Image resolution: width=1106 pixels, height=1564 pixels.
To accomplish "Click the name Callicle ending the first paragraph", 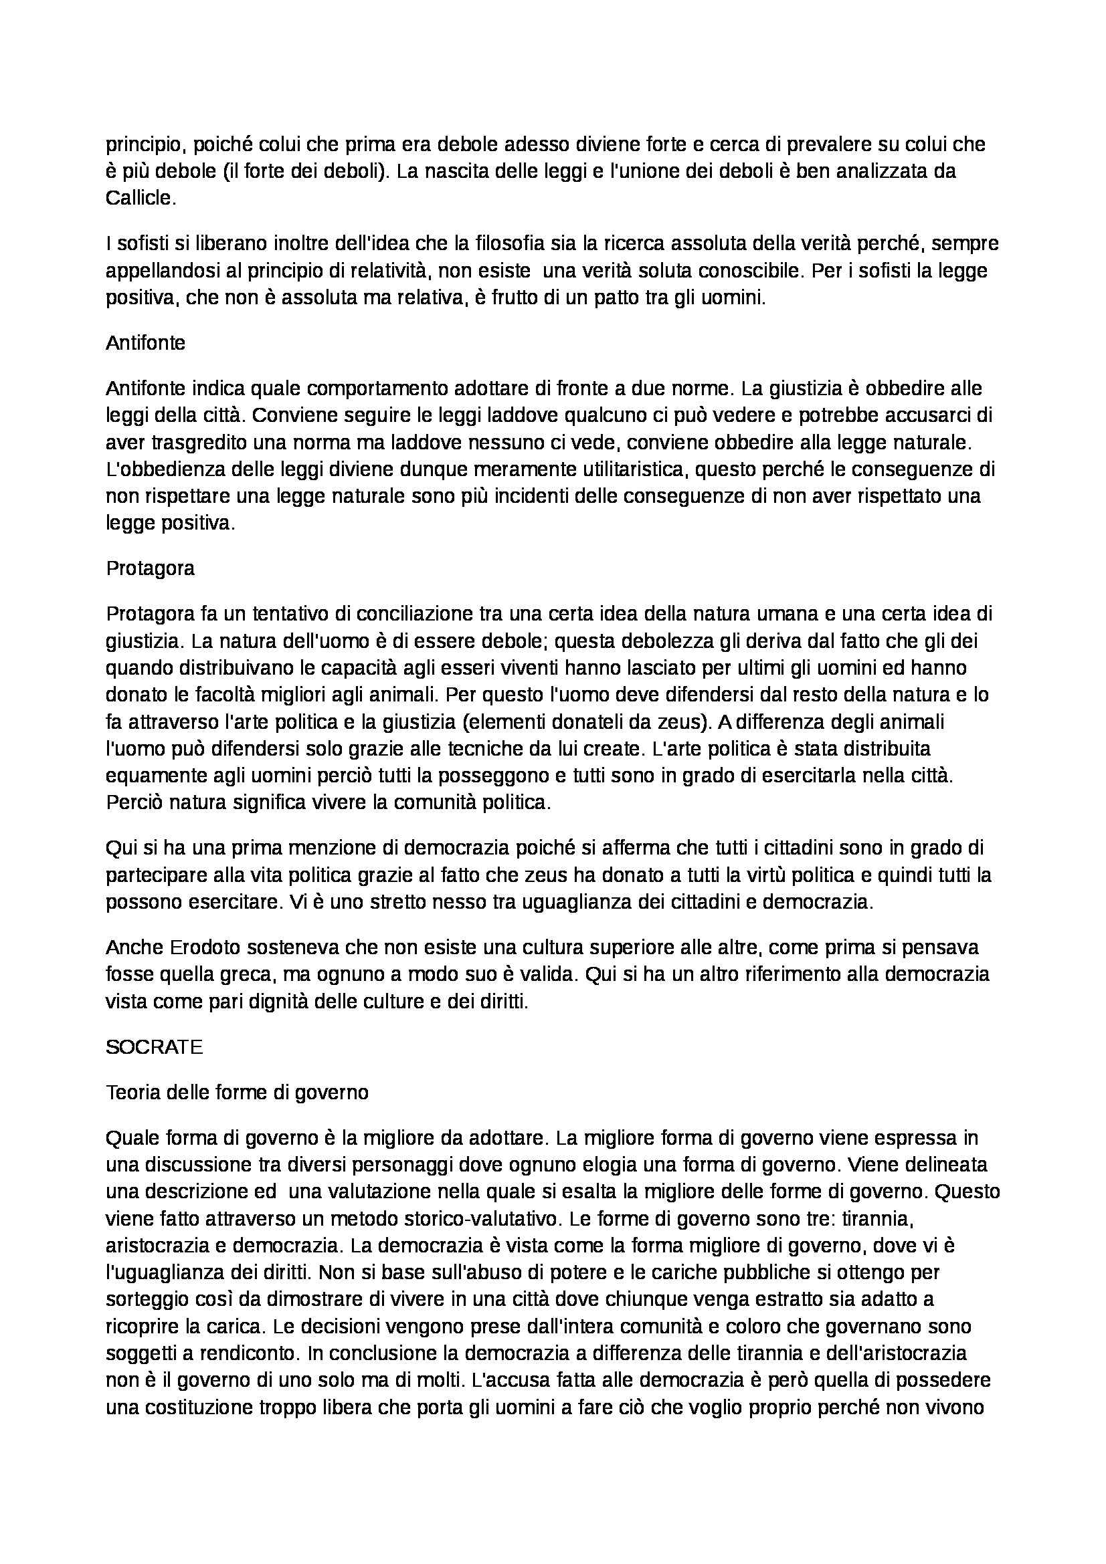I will (141, 198).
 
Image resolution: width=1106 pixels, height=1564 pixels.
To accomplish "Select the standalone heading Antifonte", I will (145, 342).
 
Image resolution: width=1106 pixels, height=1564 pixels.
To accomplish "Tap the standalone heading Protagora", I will (150, 568).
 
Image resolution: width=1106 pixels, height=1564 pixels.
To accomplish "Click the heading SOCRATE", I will (154, 1047).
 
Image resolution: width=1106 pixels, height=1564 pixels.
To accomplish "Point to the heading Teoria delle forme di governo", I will (237, 1092).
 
